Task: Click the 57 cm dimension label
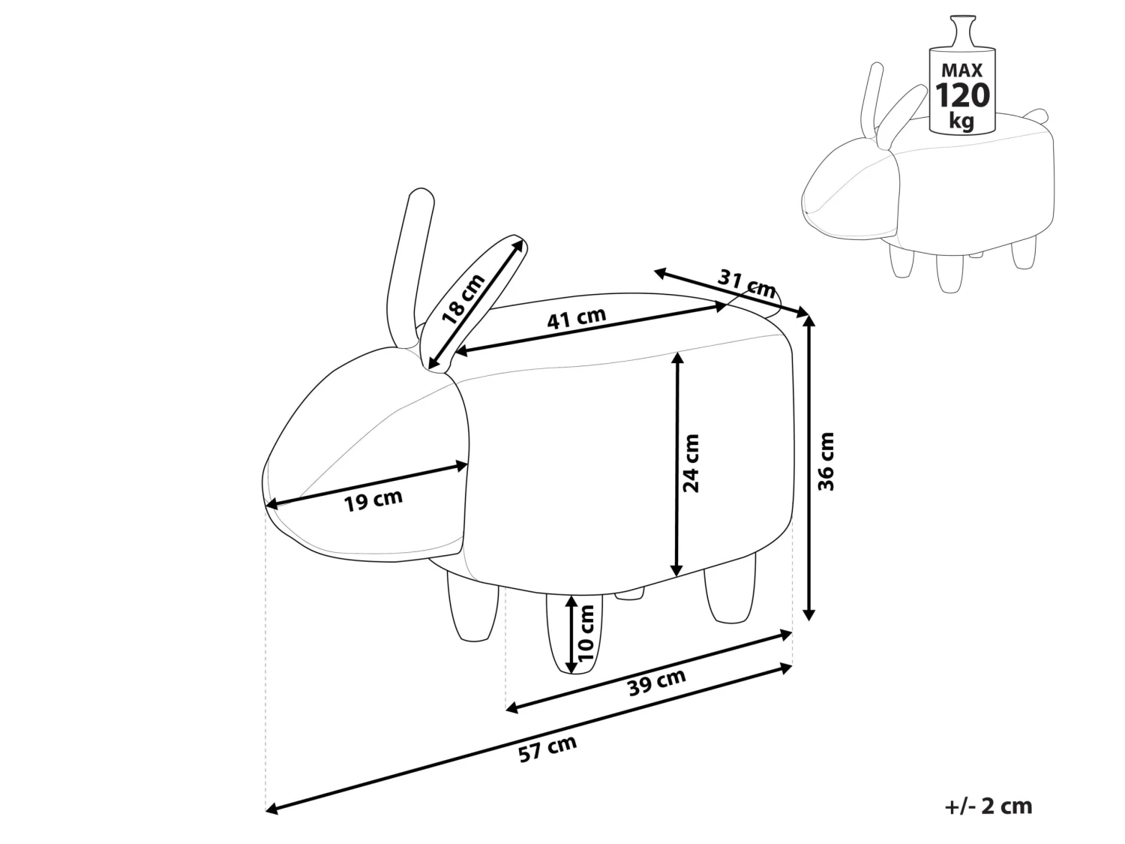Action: pos(547,749)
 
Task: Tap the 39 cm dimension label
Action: pos(657,683)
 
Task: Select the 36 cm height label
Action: pos(826,461)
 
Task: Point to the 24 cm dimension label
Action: pos(691,463)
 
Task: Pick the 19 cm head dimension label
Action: pos(373,500)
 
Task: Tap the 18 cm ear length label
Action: pos(463,299)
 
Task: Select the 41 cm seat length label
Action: pos(576,319)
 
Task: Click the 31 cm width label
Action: pos(747,284)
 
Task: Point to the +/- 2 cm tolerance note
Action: pos(988,806)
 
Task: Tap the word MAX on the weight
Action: pos(962,71)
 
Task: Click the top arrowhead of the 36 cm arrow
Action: pos(808,320)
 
